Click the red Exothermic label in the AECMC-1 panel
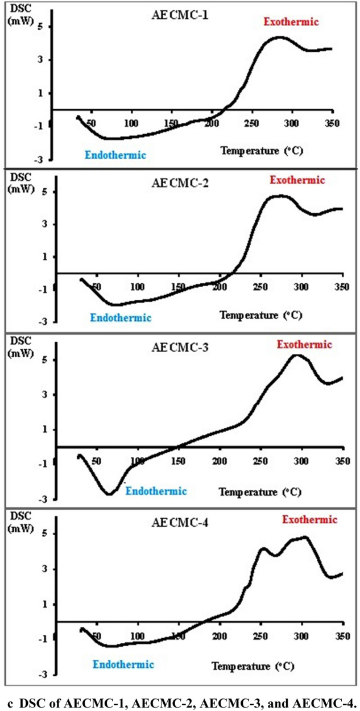(x=291, y=22)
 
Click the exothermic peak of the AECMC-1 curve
(x=279, y=38)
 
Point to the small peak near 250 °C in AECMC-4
(x=263, y=549)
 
